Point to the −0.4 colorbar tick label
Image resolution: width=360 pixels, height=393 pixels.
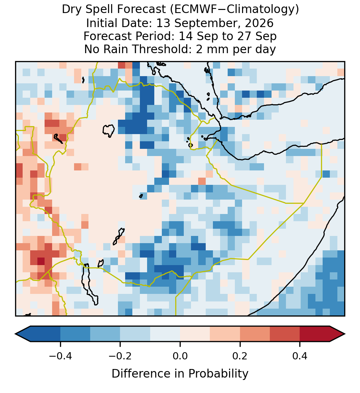60,356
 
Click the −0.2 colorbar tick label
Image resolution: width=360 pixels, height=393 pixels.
120,356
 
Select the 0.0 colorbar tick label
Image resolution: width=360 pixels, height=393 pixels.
180,356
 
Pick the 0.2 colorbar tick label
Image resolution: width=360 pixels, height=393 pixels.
240,356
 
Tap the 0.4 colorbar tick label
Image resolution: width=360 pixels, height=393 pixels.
300,356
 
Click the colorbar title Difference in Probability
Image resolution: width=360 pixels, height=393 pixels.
180,374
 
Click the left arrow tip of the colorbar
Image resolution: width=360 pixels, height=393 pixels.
15,334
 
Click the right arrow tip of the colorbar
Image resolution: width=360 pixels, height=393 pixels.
345,334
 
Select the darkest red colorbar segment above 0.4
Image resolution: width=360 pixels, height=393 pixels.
315,334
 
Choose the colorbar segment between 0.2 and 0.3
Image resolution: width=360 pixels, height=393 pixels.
255,334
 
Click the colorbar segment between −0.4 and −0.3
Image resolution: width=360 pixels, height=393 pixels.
75,334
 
